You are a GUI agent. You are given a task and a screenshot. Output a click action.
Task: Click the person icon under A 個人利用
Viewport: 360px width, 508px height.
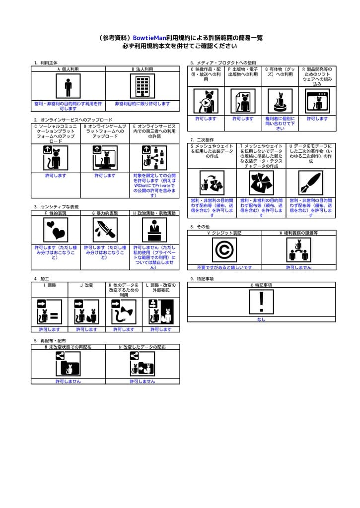[68, 87]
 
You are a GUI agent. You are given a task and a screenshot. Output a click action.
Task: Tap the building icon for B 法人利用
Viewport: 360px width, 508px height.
[143, 87]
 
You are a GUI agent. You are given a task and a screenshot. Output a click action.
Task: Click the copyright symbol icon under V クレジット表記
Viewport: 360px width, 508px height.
[224, 250]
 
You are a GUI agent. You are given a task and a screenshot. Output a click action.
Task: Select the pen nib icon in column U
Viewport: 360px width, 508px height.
[310, 184]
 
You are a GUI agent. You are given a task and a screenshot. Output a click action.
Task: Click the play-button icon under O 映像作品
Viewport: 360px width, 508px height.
[206, 102]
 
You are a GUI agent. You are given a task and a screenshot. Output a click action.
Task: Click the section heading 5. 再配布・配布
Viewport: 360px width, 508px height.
[50, 341]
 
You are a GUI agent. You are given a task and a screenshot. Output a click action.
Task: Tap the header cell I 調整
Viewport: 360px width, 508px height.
[50, 286]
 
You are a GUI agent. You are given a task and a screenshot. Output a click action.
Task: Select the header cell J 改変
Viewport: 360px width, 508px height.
[87, 286]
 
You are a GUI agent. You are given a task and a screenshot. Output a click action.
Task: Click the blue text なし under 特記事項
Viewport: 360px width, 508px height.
[261, 319]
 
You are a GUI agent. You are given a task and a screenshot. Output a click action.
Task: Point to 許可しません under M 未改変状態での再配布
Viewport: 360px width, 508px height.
[68, 381]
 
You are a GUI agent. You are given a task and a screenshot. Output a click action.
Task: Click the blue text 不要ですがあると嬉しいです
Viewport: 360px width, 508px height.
[224, 267]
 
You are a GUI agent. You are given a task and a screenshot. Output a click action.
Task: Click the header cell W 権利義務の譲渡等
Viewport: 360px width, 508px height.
[298, 233]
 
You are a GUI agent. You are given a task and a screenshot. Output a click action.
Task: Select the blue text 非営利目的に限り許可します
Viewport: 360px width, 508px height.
[143, 104]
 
